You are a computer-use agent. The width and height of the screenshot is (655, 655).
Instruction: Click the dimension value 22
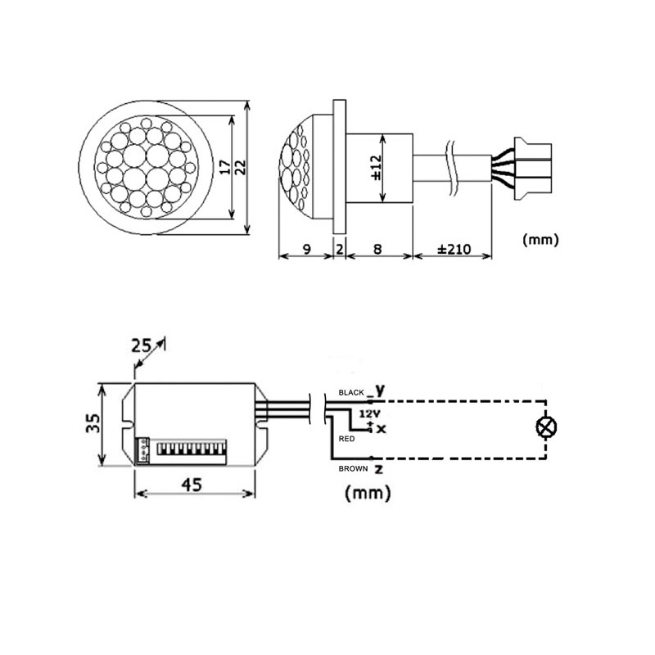[x=240, y=167]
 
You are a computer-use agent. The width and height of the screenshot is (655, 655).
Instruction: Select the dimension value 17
[x=223, y=167]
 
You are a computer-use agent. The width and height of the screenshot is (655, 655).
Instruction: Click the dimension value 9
[x=305, y=249]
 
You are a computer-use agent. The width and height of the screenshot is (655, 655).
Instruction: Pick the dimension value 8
[x=378, y=249]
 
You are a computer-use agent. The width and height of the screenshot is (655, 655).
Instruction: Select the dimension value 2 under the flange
[x=340, y=249]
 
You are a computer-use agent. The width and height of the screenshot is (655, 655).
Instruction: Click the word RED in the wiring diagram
[x=346, y=438]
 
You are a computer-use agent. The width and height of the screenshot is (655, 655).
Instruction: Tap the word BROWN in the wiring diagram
[x=353, y=468]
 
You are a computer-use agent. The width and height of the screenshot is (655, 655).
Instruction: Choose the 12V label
[x=369, y=414]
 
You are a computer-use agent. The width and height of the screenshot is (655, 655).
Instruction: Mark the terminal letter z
[x=378, y=470]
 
